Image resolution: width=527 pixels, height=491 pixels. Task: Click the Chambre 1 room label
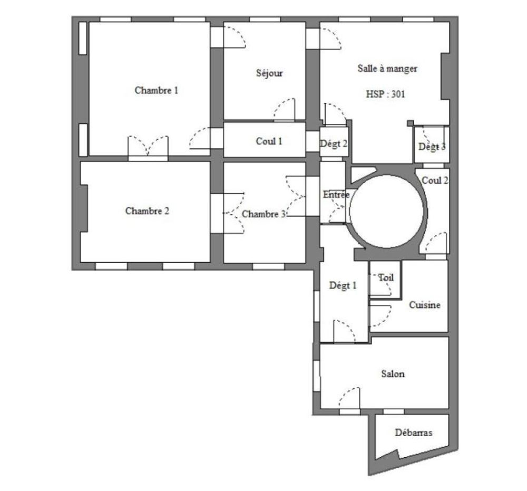[x=157, y=90]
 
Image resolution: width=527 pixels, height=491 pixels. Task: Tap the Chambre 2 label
[x=147, y=211]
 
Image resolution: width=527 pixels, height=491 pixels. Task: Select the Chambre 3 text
[x=264, y=214]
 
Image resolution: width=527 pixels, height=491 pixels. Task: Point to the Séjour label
[x=269, y=73]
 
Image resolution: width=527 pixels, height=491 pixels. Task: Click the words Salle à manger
[x=387, y=69]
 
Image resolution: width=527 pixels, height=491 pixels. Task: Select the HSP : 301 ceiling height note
[x=385, y=95]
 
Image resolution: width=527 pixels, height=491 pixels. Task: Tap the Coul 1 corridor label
[x=269, y=141]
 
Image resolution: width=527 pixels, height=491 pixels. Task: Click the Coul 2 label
[x=435, y=180]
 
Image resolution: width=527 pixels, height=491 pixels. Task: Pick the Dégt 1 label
[x=343, y=286]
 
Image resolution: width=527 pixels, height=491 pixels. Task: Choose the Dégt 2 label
[x=334, y=143]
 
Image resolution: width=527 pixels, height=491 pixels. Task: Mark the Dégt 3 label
[x=432, y=147]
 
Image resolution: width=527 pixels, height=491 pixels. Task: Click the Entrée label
[x=336, y=195]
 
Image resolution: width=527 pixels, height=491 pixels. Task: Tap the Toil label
[x=386, y=277]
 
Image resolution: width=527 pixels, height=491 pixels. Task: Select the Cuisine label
[x=424, y=305]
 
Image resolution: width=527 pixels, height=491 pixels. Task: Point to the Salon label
[x=393, y=374]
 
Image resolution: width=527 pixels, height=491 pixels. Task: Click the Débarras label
[x=413, y=432]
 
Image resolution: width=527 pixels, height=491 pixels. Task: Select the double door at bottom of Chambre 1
[x=148, y=147]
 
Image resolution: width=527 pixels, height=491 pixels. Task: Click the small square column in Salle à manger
[x=410, y=123]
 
